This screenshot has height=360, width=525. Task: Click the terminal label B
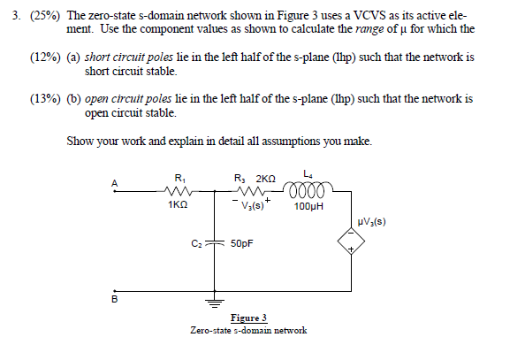tap(112, 299)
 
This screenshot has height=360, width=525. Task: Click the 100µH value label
tap(312, 206)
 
